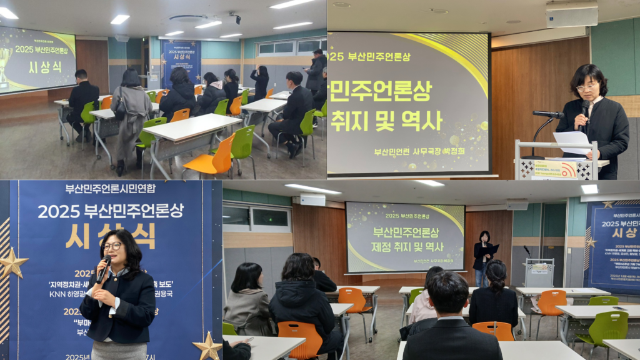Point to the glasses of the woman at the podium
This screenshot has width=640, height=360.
tap(586, 87)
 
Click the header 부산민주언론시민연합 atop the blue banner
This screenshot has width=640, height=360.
tap(111, 189)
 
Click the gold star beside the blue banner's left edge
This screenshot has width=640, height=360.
tap(12, 263)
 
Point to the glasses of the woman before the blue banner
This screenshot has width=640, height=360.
tap(112, 246)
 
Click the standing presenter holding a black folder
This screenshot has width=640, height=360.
tap(482, 256)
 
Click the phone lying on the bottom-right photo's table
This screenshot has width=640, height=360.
tap(619, 308)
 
